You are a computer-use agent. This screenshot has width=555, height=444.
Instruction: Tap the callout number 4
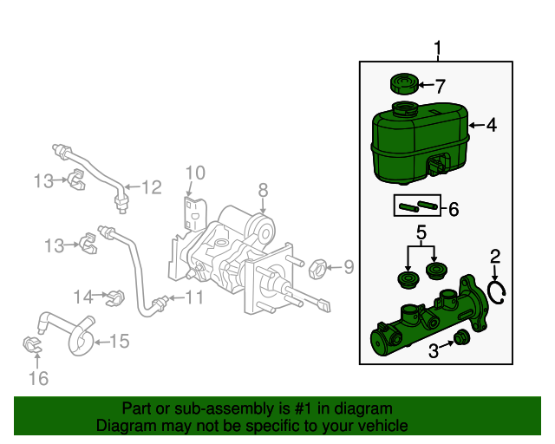[x=491, y=126]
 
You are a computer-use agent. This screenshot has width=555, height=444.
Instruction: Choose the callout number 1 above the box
[x=438, y=49]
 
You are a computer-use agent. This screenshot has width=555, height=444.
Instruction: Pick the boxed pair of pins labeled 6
[x=415, y=206]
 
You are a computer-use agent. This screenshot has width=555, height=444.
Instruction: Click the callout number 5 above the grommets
[x=421, y=232]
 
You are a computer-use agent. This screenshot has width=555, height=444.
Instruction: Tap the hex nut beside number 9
[x=317, y=267]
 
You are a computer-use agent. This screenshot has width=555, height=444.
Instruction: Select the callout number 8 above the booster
[x=263, y=188]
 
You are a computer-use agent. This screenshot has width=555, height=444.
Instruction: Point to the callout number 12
[x=151, y=186]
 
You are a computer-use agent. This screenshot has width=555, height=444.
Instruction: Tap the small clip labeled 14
[x=113, y=297]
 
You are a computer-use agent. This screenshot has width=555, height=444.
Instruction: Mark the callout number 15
[x=118, y=342]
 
